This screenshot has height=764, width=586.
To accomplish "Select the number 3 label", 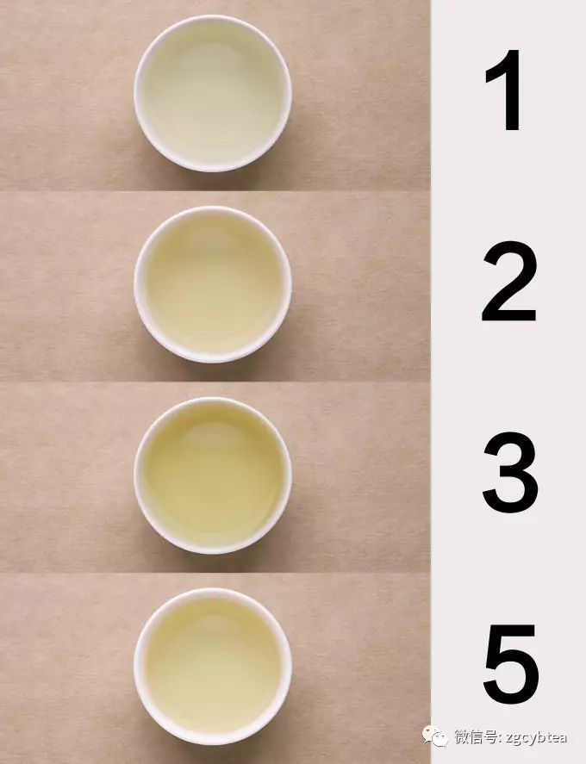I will point(509,473).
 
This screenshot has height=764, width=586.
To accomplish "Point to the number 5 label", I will point(510,662).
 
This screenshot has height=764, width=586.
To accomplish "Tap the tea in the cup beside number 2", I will point(212,283).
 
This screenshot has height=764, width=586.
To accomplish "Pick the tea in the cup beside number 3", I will point(212,475).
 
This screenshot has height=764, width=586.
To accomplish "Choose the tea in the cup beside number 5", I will point(212,666).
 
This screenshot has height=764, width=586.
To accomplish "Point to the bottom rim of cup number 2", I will point(212,357).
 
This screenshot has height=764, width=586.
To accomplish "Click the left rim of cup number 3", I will point(138,475).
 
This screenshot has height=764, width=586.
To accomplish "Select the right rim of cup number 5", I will point(287,666).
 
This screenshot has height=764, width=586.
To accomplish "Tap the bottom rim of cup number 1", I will point(212,166).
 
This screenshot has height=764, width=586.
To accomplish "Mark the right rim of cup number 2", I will point(287,283).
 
